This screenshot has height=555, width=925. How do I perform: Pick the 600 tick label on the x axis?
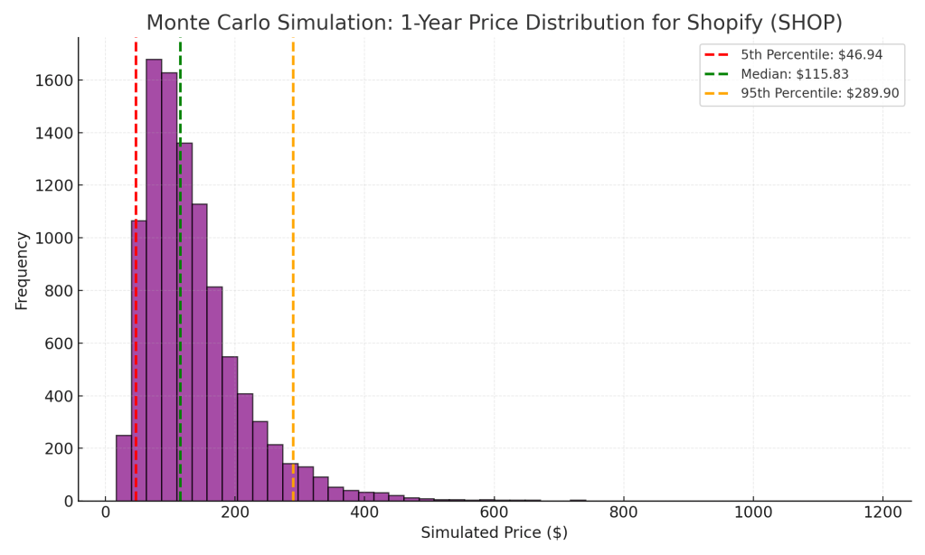pyautogui.click(x=494, y=511)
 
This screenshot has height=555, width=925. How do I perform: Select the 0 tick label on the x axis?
pyautogui.click(x=106, y=511)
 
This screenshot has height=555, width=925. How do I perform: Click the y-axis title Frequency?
pyautogui.click(x=22, y=270)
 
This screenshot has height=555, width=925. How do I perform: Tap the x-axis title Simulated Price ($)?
pyautogui.click(x=494, y=533)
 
